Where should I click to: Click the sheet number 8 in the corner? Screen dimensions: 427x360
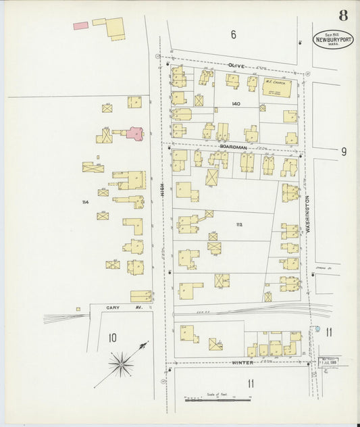[x=344, y=15]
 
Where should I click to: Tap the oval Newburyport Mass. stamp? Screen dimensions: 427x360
[x=333, y=39]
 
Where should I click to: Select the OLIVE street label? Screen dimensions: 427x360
[x=236, y=66]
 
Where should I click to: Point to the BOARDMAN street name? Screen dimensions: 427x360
[x=233, y=146]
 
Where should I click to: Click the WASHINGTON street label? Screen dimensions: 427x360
[x=307, y=215]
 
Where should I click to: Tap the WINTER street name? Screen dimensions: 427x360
[x=242, y=363]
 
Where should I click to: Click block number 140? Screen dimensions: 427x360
[x=235, y=103]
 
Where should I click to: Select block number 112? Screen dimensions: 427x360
[x=239, y=225]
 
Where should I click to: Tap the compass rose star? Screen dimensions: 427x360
[x=122, y=365]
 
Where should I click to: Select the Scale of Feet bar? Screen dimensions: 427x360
[x=217, y=400]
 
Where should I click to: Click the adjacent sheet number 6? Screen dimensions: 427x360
[x=233, y=34]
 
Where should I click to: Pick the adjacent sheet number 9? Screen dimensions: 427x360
[x=343, y=151]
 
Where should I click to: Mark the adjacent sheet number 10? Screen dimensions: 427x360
[x=112, y=337]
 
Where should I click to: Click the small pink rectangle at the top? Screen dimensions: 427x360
[x=80, y=26]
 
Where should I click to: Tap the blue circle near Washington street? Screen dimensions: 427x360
[x=317, y=329]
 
